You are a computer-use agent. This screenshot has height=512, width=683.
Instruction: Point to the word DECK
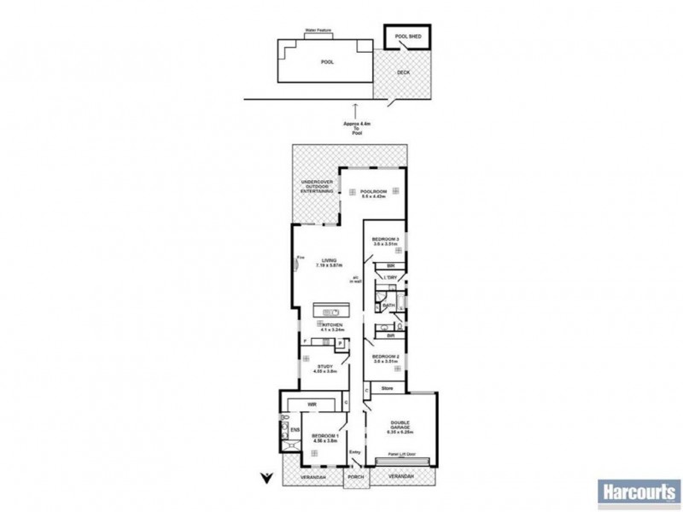[404, 73]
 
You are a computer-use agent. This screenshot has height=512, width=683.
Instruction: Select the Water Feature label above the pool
[319, 31]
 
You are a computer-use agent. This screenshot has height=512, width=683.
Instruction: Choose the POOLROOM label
[373, 191]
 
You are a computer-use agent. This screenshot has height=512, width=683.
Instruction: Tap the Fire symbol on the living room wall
[299, 259]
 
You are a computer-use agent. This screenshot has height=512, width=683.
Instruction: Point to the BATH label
[388, 305]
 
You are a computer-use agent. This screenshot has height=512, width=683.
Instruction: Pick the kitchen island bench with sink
[331, 312]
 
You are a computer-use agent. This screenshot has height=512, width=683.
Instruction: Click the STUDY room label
[325, 367]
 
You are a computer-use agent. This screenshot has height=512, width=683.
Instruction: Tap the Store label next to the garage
[387, 388]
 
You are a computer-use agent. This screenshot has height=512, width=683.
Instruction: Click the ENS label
[295, 430]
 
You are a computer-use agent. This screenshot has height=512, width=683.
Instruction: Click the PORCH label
[355, 476]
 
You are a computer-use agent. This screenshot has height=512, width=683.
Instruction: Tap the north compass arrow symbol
[266, 476]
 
